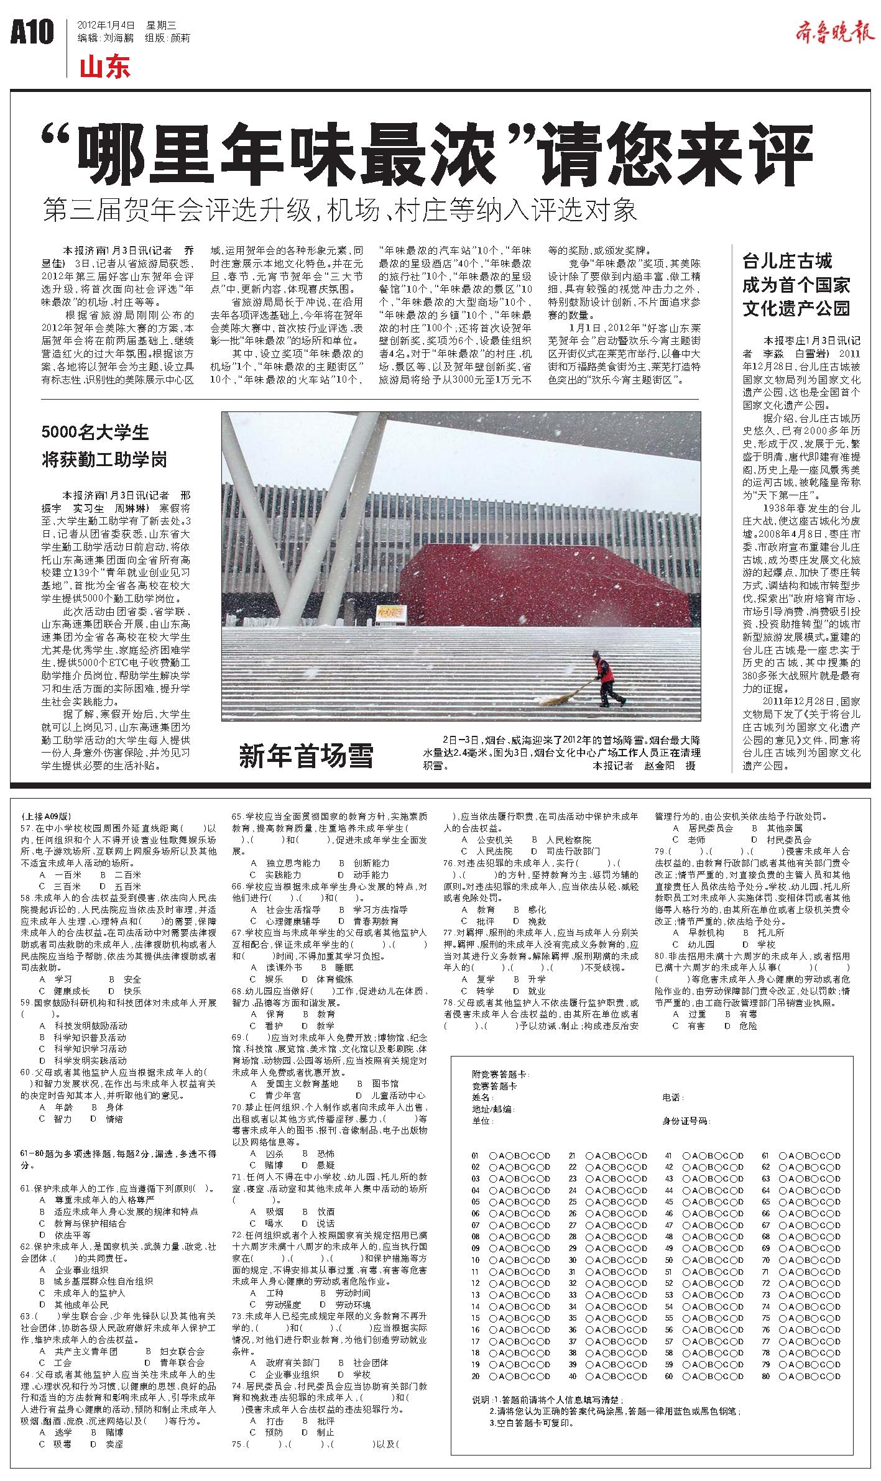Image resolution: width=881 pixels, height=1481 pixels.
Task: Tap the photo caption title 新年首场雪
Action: (306, 756)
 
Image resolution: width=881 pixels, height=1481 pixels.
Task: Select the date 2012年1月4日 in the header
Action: (106, 25)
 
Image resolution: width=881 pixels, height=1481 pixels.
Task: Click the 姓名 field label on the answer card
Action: (482, 1098)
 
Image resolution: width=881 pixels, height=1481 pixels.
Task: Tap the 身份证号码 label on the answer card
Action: (686, 1121)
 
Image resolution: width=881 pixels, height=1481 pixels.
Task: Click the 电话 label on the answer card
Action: (673, 1098)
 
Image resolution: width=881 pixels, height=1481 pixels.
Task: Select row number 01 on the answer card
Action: (476, 1155)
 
